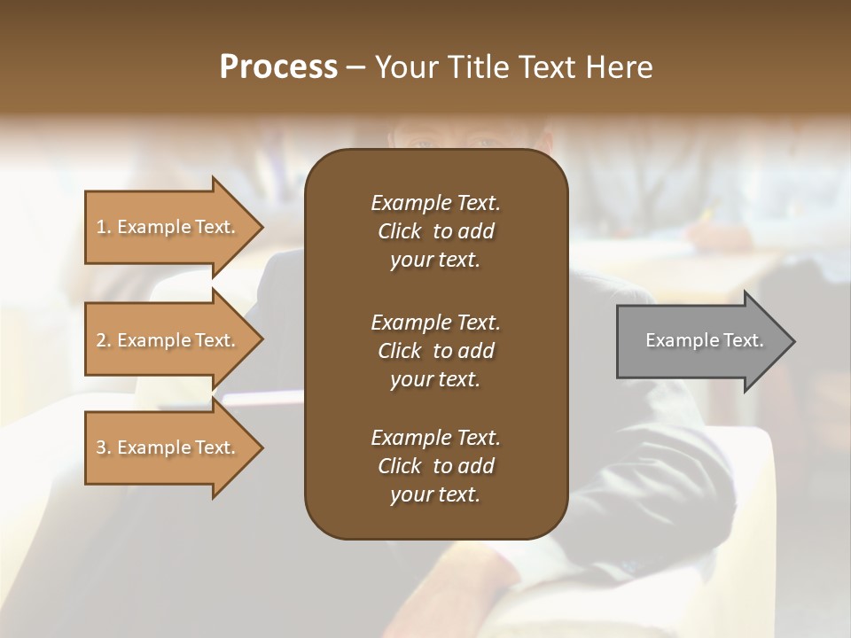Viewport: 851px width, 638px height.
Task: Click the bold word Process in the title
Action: (x=278, y=67)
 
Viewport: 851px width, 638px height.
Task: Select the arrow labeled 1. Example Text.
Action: (x=168, y=227)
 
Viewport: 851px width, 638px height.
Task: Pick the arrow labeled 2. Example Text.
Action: (x=168, y=340)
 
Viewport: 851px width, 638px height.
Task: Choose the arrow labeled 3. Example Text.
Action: (x=168, y=447)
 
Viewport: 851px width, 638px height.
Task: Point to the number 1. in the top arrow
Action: (x=104, y=227)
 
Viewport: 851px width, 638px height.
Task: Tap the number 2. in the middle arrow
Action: (x=104, y=340)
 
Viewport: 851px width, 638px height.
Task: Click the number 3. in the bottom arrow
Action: (x=104, y=447)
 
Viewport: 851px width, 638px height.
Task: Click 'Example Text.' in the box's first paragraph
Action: (x=435, y=203)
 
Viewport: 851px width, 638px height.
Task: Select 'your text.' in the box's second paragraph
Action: (x=435, y=379)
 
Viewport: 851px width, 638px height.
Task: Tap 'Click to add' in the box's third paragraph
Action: (x=435, y=466)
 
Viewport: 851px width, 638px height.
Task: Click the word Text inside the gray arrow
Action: (x=742, y=340)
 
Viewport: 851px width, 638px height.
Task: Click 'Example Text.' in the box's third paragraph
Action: (x=435, y=438)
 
